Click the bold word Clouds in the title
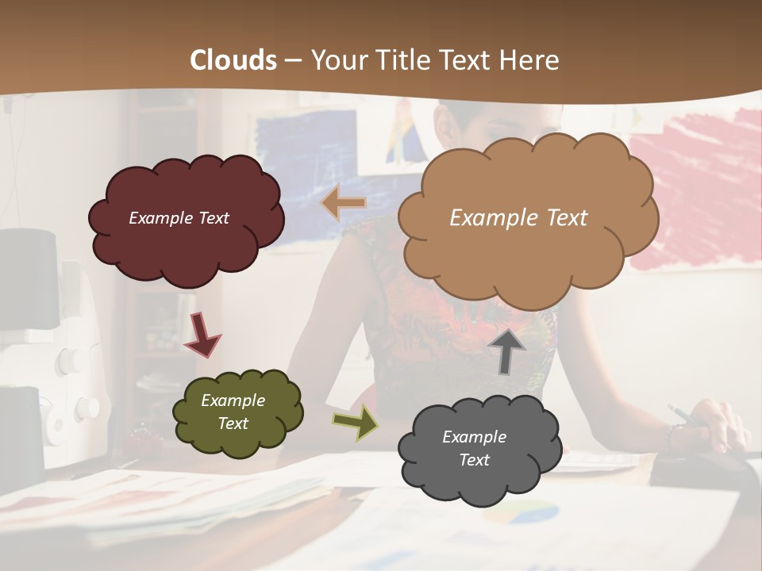pos(233,60)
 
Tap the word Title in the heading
pos(398,60)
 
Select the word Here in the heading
pos(531,60)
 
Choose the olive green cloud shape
pos(237,412)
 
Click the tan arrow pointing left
pos(343,204)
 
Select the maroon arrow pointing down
pos(202,334)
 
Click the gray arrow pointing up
pos(506,351)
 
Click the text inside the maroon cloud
pos(179,218)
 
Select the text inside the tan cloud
pos(518,218)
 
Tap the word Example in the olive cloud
pos(233,400)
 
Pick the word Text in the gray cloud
pos(474,460)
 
